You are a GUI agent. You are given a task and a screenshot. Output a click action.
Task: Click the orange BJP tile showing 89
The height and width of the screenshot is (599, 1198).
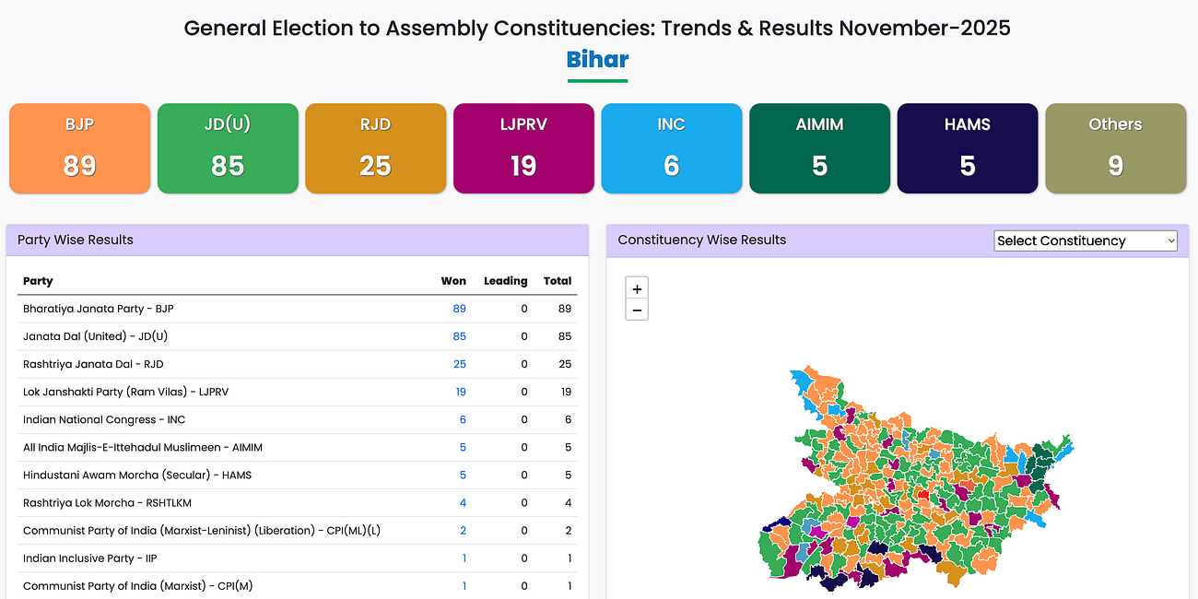79,148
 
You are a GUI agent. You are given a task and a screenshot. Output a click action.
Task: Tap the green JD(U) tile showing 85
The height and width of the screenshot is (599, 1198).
228,148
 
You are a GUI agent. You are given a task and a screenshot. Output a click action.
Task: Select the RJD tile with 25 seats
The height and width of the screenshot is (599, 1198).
375,148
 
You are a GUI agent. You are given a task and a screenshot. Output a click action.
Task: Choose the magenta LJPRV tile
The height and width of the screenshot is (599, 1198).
523,148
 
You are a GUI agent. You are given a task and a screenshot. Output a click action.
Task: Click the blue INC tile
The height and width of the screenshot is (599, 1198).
671,148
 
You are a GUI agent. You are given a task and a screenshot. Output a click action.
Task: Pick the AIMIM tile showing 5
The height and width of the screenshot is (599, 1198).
819,148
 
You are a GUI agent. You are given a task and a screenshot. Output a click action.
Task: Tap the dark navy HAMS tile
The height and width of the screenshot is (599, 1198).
967,148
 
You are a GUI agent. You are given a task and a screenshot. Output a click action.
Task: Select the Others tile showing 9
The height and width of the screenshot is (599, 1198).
1115,148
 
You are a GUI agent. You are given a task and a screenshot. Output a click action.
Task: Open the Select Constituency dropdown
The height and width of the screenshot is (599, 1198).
1086,241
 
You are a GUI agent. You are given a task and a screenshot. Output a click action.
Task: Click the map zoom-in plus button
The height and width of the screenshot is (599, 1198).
637,288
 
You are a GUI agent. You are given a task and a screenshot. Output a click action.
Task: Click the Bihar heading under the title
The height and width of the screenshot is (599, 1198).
597,60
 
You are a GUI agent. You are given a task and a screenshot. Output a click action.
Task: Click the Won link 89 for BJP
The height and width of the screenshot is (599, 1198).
459,309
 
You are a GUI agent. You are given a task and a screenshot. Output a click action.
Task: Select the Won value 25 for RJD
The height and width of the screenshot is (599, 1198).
459,364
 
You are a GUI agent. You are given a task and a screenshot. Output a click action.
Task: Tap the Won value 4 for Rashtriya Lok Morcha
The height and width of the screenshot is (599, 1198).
463,502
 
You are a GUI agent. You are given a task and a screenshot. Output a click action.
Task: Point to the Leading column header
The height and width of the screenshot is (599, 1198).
506,281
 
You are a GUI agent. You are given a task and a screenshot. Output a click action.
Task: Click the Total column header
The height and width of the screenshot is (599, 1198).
558,281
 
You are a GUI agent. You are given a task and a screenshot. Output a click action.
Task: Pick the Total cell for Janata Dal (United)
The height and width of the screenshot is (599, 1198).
565,336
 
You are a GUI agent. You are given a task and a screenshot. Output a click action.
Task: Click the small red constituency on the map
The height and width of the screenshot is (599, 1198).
922,495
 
